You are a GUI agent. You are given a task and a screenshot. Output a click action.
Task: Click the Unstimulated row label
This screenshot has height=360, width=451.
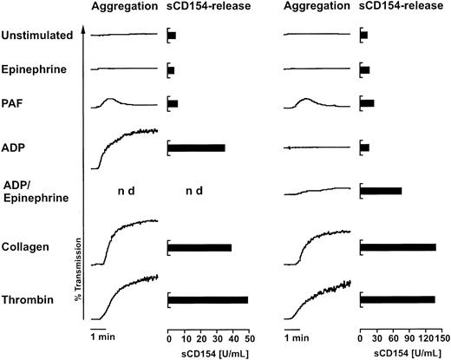click(x=36, y=36)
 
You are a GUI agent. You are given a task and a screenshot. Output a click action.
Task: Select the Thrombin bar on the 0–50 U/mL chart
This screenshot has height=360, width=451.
click(x=208, y=300)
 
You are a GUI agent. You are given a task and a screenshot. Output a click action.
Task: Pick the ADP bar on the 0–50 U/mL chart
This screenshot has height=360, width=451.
click(x=197, y=148)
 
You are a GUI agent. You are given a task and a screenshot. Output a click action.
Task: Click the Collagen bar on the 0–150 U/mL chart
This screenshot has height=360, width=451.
click(x=398, y=248)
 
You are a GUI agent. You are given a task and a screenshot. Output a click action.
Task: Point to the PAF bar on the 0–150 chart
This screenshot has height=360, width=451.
click(x=368, y=103)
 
